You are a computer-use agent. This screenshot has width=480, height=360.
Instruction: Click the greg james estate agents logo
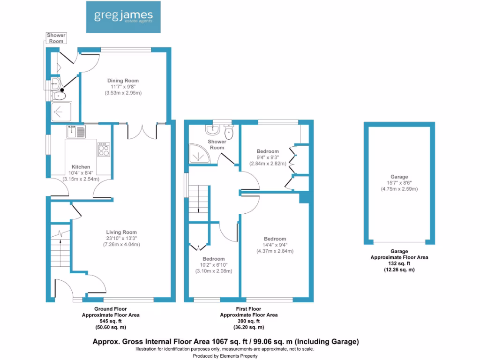tap(123, 16)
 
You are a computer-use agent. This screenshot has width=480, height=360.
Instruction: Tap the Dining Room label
tap(123, 81)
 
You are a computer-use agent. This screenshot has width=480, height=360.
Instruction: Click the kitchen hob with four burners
tap(103, 150)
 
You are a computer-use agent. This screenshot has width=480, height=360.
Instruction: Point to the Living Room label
tap(121, 232)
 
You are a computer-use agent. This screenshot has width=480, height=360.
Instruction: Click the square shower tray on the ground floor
tap(60, 111)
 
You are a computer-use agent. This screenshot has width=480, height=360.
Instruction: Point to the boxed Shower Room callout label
tap(56, 38)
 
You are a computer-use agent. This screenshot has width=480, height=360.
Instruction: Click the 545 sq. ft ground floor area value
tap(111, 321)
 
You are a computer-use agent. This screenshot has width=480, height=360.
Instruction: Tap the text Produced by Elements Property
tap(225, 356)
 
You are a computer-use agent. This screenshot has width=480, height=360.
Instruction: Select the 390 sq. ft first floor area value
tap(248, 321)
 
